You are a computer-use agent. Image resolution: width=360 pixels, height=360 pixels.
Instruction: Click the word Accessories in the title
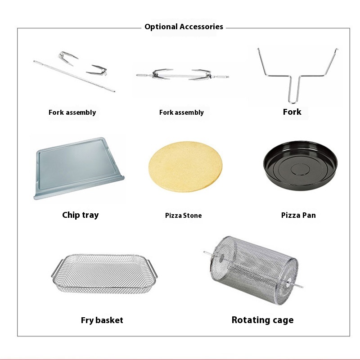click(x=201, y=27)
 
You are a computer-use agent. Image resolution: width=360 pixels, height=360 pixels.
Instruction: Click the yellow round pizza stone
click(x=185, y=166)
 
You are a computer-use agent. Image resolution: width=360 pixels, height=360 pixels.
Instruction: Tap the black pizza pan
click(x=300, y=166)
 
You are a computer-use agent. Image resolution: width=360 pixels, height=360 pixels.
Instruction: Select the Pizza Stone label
click(x=184, y=216)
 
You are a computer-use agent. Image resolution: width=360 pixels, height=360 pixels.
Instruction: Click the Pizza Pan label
click(x=298, y=215)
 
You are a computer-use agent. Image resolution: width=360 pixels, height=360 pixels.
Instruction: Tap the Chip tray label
click(x=81, y=215)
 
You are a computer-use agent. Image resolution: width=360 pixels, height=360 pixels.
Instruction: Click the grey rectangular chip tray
click(x=79, y=168)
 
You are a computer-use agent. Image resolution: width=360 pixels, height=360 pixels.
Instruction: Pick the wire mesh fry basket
click(x=104, y=274)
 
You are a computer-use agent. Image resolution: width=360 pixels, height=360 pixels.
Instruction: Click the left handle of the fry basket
click(x=57, y=268)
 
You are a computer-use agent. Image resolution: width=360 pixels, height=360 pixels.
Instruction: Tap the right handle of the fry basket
click(x=153, y=268)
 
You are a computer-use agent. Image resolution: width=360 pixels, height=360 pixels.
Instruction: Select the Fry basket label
click(x=102, y=320)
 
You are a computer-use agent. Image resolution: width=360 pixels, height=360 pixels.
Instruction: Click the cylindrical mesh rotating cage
click(x=253, y=270)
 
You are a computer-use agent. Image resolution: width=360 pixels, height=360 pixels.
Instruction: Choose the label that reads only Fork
click(x=292, y=112)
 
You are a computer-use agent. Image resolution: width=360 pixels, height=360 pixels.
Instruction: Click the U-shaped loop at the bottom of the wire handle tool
click(x=292, y=101)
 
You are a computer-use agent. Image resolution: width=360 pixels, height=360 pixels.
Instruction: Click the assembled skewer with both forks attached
click(x=183, y=75)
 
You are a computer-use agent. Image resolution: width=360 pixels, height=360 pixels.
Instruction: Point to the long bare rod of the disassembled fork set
click(x=74, y=76)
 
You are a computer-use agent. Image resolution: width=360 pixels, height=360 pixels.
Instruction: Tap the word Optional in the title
click(x=161, y=27)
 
